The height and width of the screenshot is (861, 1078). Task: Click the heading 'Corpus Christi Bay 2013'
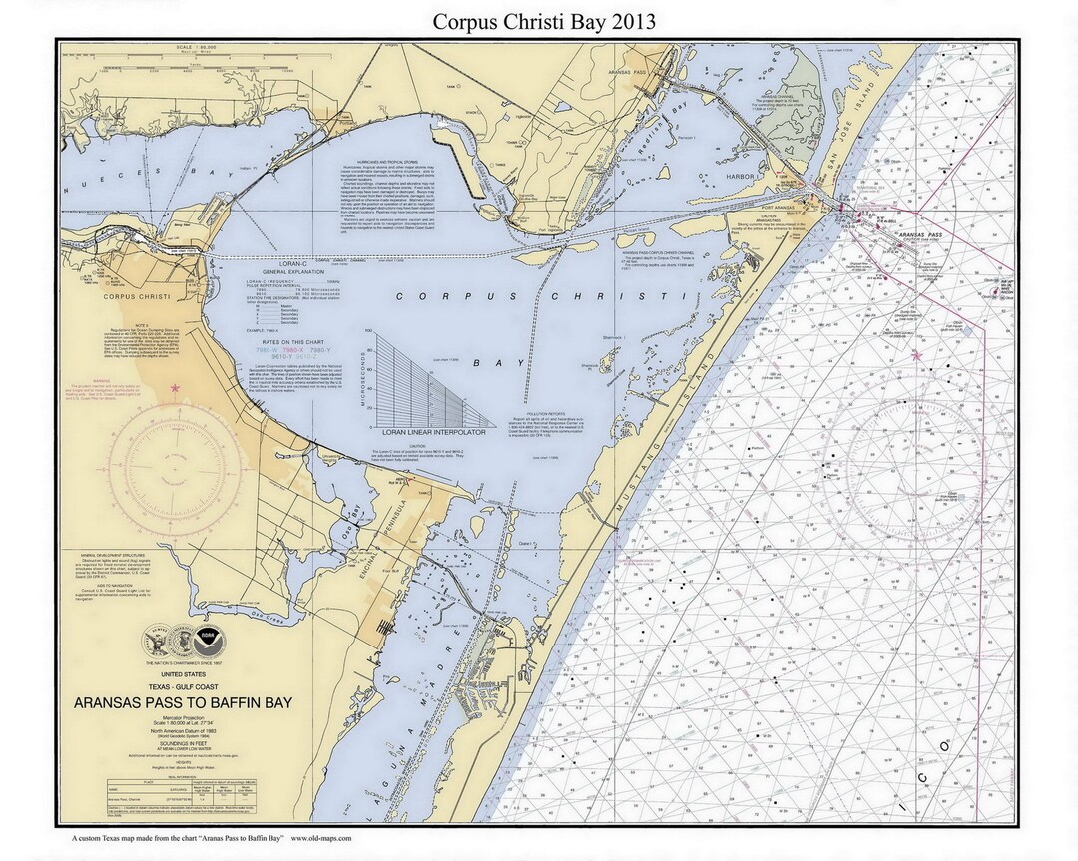[x=544, y=21]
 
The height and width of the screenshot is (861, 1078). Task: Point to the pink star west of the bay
[x=176, y=388]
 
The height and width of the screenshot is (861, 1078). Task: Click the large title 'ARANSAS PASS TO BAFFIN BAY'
[x=183, y=703]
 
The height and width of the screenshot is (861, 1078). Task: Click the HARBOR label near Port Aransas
[x=740, y=177]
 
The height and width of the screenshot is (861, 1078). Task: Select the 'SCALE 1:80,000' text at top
[x=197, y=47]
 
